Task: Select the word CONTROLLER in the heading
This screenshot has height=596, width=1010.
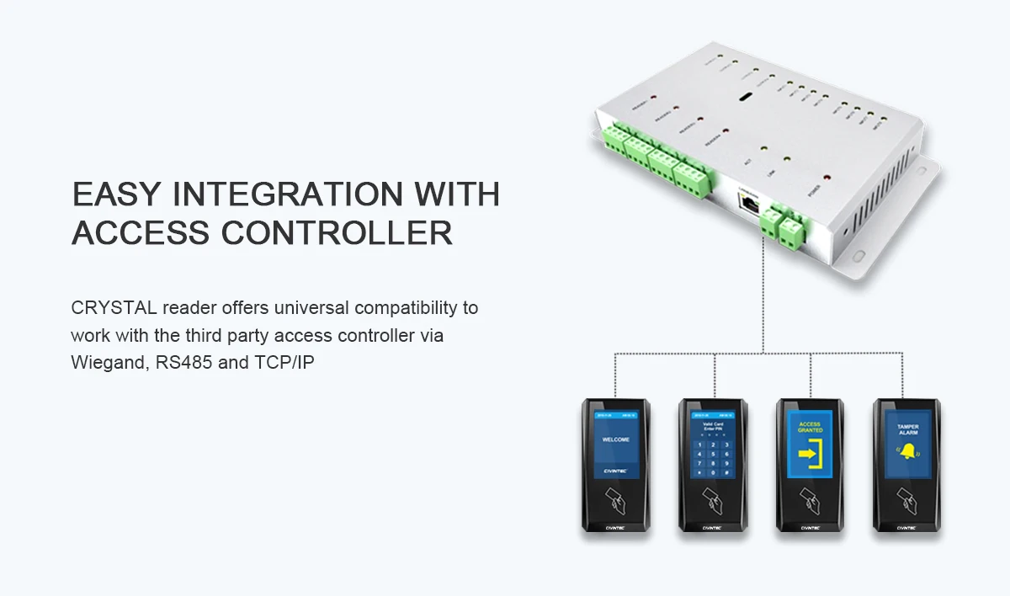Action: pos(338,233)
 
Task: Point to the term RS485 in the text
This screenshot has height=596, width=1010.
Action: pos(184,365)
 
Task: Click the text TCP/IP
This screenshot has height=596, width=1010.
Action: pos(284,365)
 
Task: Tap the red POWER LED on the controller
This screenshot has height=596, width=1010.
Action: pos(827,178)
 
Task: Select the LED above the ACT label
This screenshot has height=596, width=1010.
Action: pos(763,148)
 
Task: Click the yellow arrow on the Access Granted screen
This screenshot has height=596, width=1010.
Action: pos(810,455)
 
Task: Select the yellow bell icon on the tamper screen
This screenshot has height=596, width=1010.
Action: pos(907,454)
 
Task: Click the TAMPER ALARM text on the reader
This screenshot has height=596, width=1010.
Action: pos(907,429)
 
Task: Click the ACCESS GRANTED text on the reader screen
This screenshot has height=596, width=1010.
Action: pos(810,428)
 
